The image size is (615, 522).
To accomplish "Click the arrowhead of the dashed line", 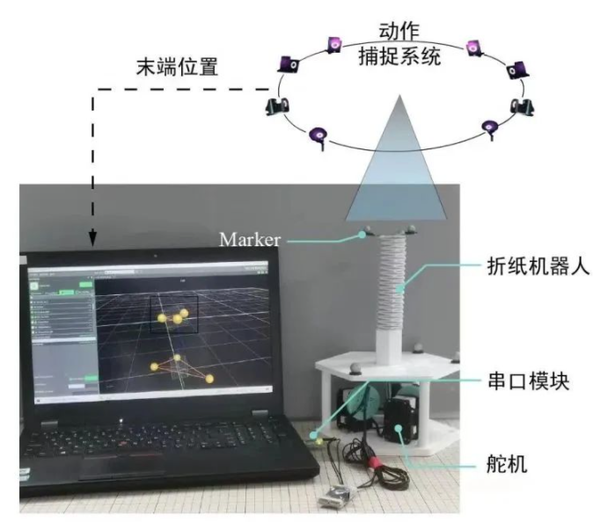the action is tap(92, 239).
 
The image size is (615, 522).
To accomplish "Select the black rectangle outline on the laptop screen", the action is tap(174, 315).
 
